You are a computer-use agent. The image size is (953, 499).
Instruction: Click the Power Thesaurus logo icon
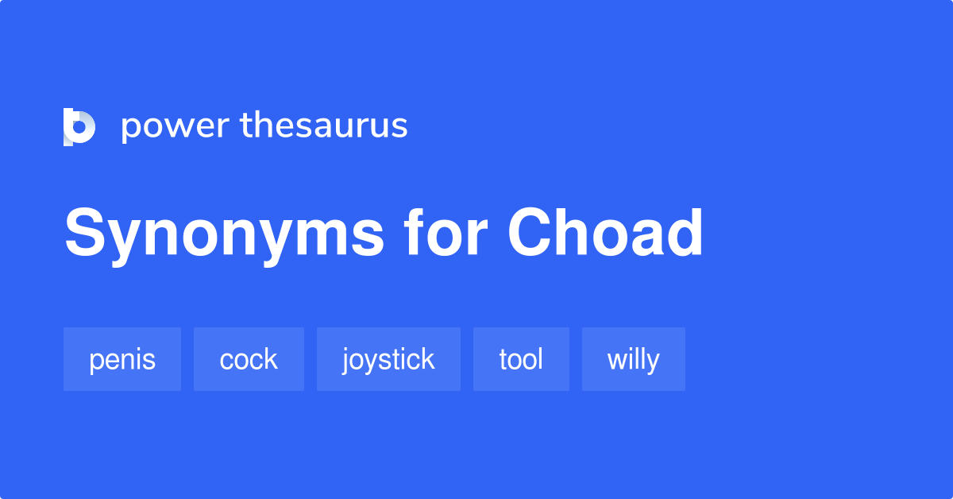click(x=79, y=127)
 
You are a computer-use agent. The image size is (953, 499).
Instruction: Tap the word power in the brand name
click(x=175, y=127)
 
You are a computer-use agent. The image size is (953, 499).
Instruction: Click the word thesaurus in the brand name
click(x=324, y=126)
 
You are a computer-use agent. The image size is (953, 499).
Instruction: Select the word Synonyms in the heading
click(x=225, y=234)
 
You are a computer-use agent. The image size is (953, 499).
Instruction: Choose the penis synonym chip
click(x=122, y=359)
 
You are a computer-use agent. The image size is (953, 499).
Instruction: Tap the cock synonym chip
click(x=249, y=359)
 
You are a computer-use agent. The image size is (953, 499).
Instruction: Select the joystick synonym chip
click(x=388, y=359)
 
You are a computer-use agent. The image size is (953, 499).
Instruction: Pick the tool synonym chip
click(x=521, y=359)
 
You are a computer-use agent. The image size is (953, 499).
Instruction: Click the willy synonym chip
click(x=633, y=359)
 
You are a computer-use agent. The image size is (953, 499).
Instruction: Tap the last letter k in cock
click(x=271, y=359)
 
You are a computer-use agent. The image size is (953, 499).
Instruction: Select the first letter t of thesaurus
click(x=245, y=126)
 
